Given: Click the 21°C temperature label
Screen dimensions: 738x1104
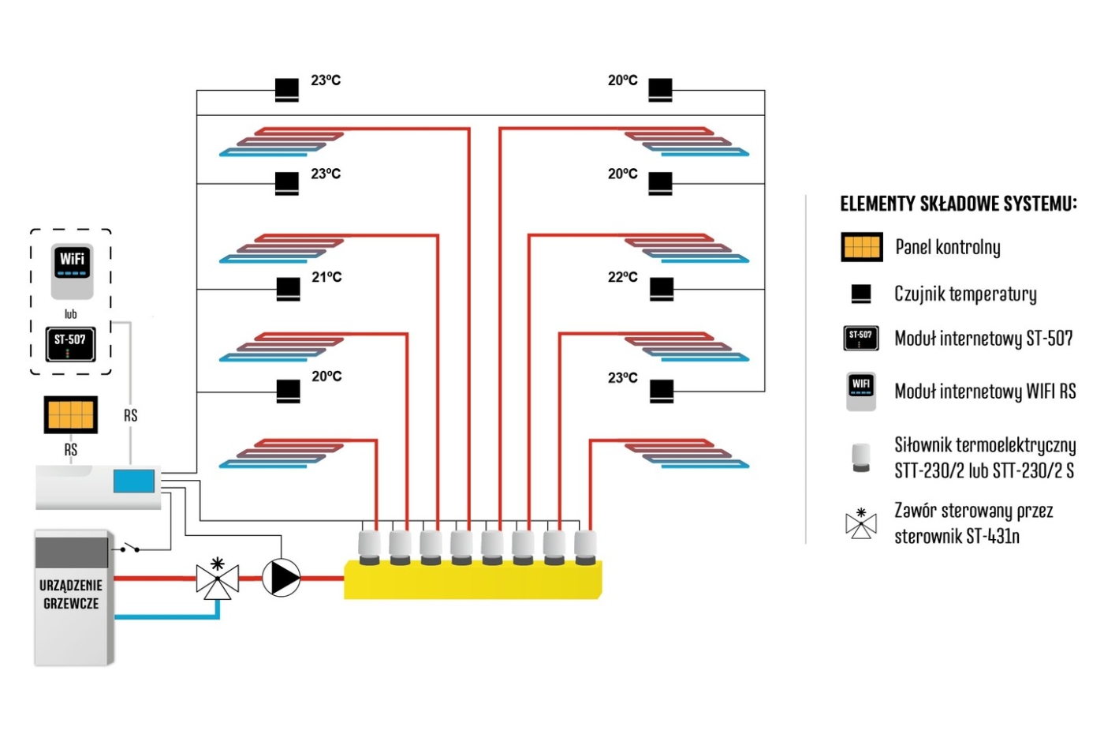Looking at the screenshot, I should click(x=326, y=277).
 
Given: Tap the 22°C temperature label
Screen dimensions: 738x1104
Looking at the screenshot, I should click(x=622, y=277).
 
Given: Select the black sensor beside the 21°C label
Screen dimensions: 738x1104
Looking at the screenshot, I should click(x=289, y=290).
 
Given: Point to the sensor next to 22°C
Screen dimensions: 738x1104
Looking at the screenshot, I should click(x=662, y=290).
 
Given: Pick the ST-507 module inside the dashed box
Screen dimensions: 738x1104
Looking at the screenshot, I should click(x=70, y=343).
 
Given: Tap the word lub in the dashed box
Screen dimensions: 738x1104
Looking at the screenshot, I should click(x=70, y=314).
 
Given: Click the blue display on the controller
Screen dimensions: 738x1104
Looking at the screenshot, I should click(x=133, y=481).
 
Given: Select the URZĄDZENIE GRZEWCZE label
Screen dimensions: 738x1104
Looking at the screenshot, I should click(x=71, y=594).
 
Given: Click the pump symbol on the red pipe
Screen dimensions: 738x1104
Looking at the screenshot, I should click(x=281, y=578).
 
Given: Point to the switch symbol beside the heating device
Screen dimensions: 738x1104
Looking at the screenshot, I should click(x=129, y=548).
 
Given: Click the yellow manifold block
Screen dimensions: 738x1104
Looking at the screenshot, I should click(x=473, y=580).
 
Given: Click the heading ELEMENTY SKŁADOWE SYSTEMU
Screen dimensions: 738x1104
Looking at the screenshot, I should click(x=957, y=204).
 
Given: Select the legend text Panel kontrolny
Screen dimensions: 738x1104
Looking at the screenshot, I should click(x=947, y=247).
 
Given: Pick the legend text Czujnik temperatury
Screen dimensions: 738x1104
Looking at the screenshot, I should click(x=964, y=294).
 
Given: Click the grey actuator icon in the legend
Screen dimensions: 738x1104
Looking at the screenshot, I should click(x=860, y=457).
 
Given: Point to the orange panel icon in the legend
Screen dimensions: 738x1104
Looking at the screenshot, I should click(x=861, y=247).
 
